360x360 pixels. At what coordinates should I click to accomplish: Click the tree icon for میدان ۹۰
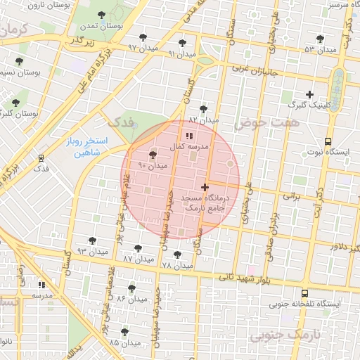153,155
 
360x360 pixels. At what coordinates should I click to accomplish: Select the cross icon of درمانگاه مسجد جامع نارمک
205,187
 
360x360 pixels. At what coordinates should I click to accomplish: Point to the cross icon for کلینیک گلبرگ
309,94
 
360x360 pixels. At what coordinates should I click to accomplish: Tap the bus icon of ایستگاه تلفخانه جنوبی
304,293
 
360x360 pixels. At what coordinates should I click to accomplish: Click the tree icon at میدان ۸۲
204,109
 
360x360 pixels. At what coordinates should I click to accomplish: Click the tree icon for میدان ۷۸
176,255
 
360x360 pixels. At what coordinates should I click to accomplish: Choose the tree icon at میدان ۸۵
124,332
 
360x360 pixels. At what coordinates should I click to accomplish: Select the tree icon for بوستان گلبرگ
15,103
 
